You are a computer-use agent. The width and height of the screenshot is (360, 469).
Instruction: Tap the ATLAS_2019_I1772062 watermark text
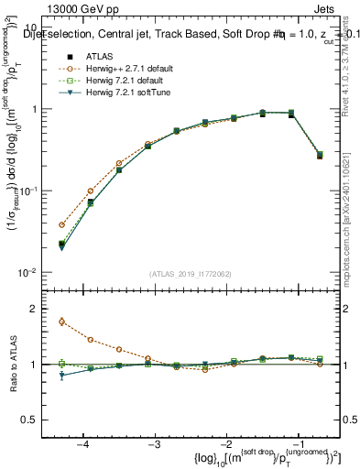(x=190, y=273)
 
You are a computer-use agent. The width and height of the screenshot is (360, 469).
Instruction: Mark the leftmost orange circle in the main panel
(x=61, y=224)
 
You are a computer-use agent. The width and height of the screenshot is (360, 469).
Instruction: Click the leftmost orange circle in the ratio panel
(x=61, y=322)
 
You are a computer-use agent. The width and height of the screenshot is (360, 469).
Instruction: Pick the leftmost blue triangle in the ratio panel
(x=61, y=376)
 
